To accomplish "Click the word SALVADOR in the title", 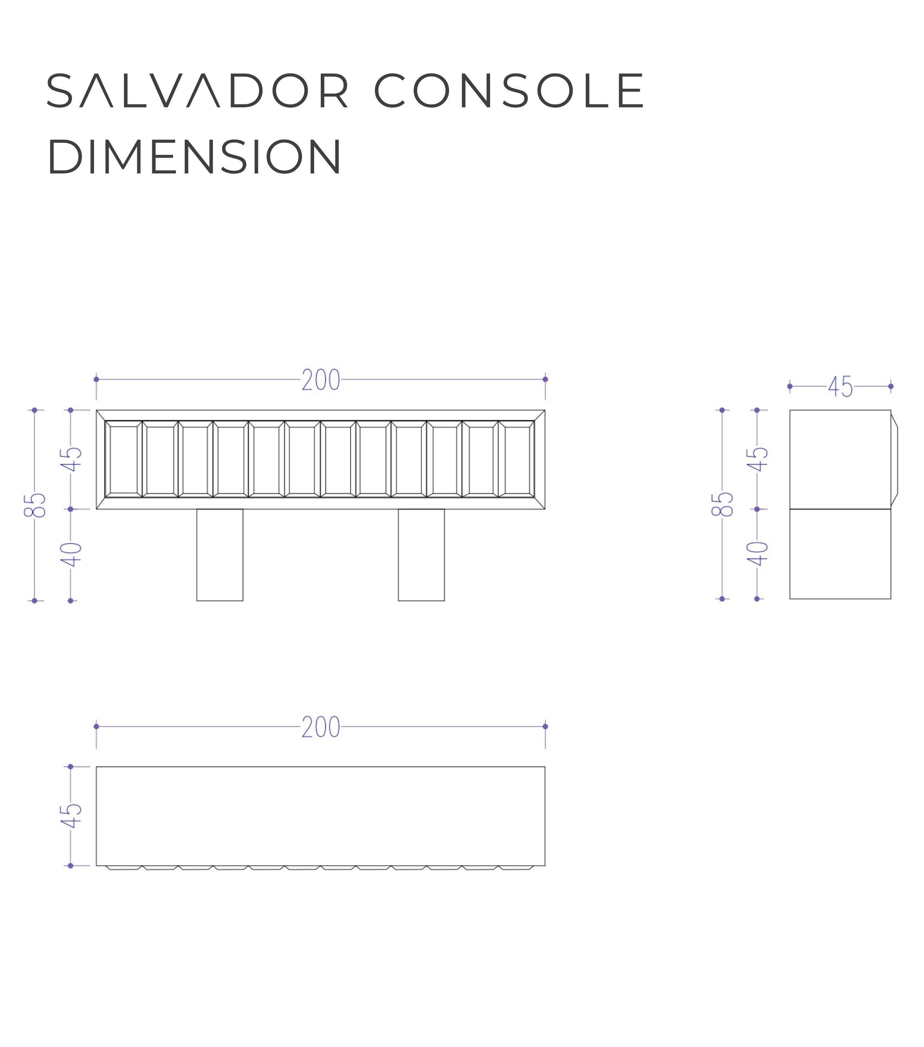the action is pos(198,91).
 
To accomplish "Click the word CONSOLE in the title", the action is pos(510,91).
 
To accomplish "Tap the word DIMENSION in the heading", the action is pos(194,156).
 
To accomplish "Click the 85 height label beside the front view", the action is pos(35,505).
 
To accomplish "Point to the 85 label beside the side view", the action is pos(722,505).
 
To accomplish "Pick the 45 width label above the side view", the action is pos(840,387).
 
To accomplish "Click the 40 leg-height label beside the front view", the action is pos(71,555).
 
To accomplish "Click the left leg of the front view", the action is pos(220,555).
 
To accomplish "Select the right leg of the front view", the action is pos(421,555).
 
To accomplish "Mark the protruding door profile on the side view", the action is pos(894,458).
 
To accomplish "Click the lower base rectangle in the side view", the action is pos(840,554).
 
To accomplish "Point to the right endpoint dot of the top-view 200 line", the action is pos(545,727).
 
